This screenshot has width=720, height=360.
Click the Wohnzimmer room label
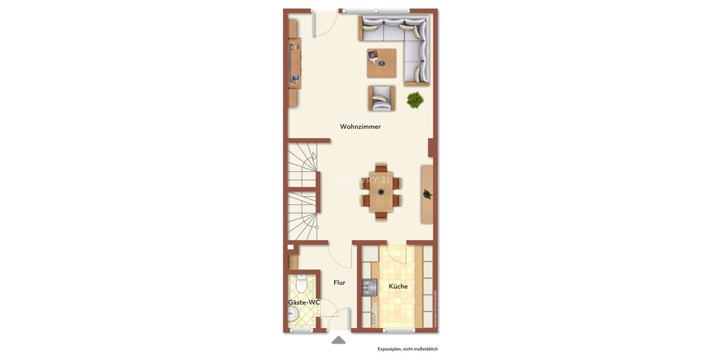tap(360, 127)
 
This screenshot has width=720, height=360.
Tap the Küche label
tap(398, 286)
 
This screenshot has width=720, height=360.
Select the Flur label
tap(339, 282)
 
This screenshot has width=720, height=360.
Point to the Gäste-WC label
tap(304, 302)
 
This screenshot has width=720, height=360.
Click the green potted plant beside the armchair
tap(415, 100)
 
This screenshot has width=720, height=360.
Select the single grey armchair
tap(382, 98)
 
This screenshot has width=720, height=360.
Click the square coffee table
tap(382, 63)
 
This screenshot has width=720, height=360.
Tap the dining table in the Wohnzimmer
tap(381, 192)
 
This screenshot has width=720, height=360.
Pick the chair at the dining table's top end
tap(381, 167)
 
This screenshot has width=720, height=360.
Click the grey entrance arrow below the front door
tap(338, 340)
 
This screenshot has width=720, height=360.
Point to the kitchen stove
tap(368, 287)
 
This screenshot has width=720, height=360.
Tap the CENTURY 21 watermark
tap(361, 179)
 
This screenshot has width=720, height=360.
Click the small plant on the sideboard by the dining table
tap(427, 194)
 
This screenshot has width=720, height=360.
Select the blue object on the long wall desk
tap(295, 78)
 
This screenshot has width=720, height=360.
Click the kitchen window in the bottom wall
tap(399, 331)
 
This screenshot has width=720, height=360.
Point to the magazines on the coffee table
tap(374, 56)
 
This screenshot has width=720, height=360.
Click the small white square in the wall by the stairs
tap(290, 247)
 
